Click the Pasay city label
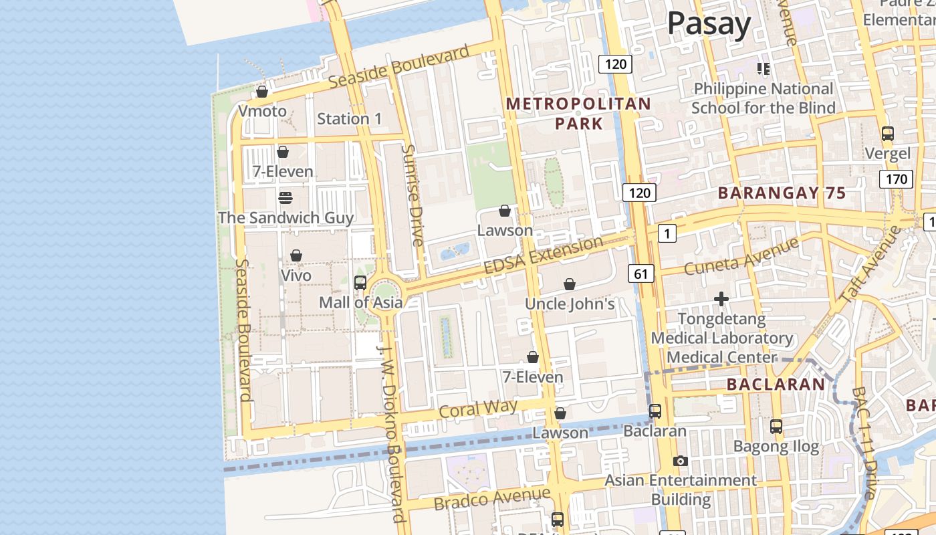709,24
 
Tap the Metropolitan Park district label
578,114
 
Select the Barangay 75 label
782,193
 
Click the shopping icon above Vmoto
262,92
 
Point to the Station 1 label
349,119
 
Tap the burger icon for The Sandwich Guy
285,198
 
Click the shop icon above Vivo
296,255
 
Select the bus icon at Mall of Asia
360,283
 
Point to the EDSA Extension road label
543,255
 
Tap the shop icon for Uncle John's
570,284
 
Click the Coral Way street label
478,409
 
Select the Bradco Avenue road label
492,499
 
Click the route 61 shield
641,273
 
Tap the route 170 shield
895,179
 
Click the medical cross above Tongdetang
721,299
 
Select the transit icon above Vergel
888,134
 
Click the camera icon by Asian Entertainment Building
681,461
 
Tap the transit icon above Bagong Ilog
776,426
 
